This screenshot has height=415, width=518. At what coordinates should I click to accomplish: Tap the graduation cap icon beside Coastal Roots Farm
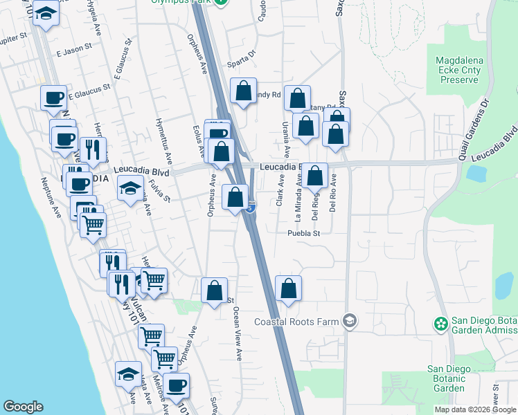[x=350, y=321]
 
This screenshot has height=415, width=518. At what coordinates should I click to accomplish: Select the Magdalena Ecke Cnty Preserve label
[x=458, y=70]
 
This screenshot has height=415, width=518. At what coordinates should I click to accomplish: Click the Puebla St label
[x=304, y=233]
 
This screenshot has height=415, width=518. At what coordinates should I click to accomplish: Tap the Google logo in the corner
[x=23, y=407]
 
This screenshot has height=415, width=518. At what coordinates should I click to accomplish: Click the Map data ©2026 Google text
[x=475, y=409]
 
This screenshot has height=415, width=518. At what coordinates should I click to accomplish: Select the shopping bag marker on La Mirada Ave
[x=315, y=176]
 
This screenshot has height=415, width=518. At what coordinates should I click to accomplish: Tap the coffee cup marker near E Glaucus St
[x=53, y=99]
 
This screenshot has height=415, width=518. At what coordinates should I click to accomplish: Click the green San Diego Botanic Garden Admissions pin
[x=439, y=324]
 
